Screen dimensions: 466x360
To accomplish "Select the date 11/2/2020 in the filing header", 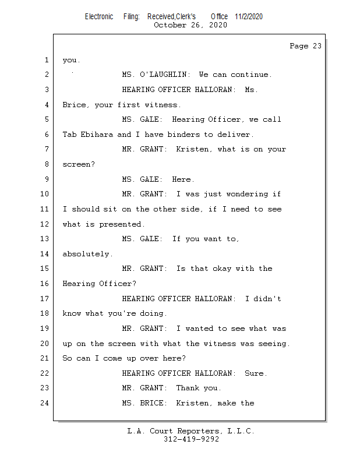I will tap(249, 17).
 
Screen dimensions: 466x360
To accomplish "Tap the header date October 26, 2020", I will tap(190, 25).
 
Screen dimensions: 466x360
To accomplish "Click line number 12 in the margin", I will tap(45, 224).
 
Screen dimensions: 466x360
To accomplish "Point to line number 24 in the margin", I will tap(45, 403).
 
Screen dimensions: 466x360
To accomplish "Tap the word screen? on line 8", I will tap(79, 164).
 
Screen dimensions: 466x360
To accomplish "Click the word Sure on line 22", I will tap(256, 373).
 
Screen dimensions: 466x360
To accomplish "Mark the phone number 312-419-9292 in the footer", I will tap(191, 440).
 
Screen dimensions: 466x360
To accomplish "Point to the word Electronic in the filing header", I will tap(99, 17).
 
